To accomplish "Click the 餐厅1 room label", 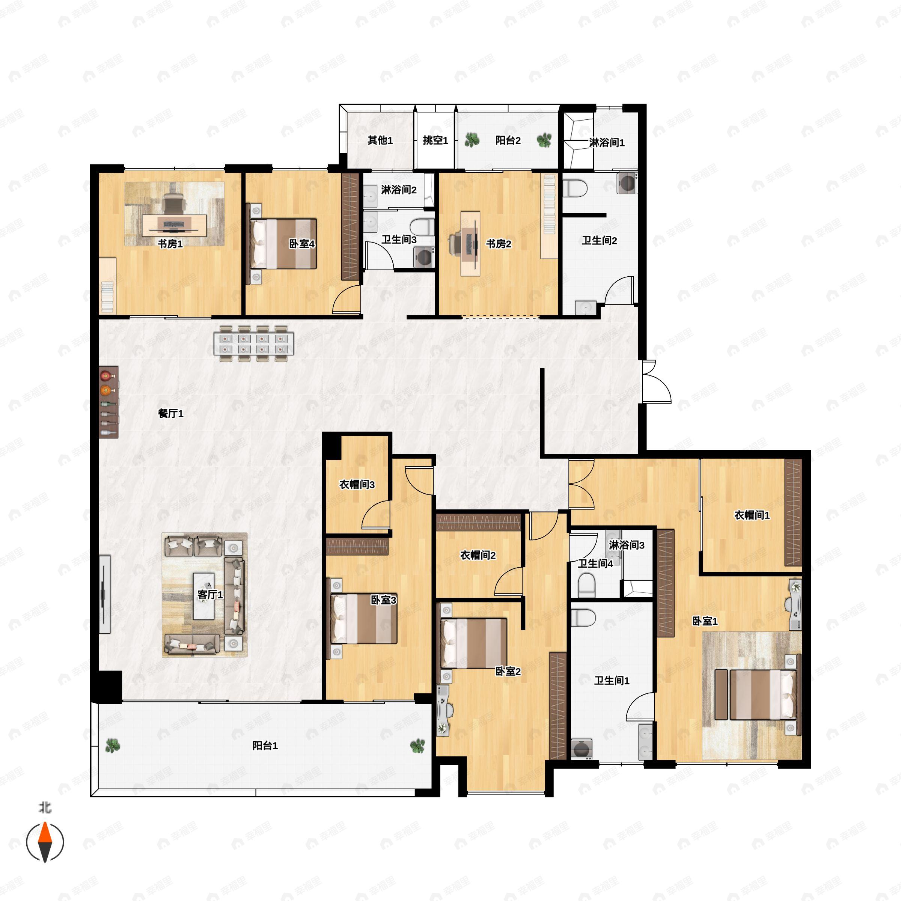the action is (171, 413).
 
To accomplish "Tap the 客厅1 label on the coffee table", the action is (210, 594).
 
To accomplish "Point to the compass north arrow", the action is (45, 842).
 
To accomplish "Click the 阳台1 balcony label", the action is (265, 745).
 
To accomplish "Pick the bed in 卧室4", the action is (283, 244).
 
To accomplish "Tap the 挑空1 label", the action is (435, 140).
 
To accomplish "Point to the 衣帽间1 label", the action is (752, 515).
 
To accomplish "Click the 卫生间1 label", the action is (612, 680).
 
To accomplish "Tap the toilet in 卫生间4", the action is (587, 585).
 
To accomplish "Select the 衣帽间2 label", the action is (478, 555).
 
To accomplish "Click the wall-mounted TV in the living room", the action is (104, 594).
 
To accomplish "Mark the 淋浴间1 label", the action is (606, 142).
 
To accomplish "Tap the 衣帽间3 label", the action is (357, 485).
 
